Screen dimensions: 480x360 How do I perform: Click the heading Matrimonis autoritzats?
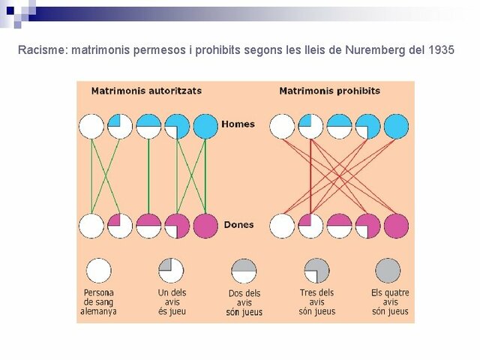point(146,91)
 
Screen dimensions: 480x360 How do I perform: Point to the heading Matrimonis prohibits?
point(329,91)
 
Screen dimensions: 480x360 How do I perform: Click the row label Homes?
point(238,124)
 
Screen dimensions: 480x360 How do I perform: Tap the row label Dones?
point(238,224)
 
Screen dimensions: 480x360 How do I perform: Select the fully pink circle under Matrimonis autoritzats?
point(205,226)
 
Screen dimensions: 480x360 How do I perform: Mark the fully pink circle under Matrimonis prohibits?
point(396,226)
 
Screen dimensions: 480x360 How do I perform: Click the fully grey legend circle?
point(388,270)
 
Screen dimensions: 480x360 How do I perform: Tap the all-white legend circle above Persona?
point(99,270)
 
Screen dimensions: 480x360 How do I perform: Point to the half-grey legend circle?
point(244,270)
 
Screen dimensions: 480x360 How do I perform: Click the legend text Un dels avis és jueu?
point(172,301)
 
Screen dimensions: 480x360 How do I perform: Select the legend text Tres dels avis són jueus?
point(316,301)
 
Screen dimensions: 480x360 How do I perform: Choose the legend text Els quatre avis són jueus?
point(389,301)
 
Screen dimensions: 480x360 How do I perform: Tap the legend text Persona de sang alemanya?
point(99,301)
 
